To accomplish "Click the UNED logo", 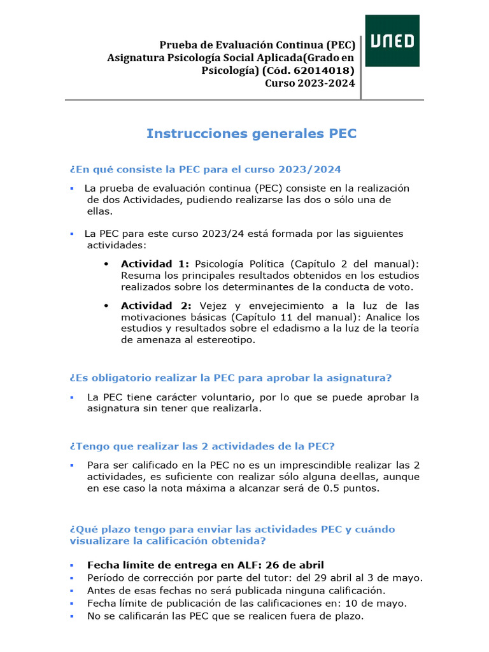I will tap(392, 41).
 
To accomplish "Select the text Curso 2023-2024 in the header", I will tap(310, 83).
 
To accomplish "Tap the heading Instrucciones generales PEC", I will tap(252, 134).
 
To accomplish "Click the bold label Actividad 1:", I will tap(155, 264).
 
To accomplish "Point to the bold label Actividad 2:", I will tap(155, 306).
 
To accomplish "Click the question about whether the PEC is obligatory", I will tap(230, 378).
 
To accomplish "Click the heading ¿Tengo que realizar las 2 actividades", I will tap(202, 445).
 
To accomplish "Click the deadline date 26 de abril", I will tap(295, 565).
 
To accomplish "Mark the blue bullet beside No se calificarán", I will tap(73, 616).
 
